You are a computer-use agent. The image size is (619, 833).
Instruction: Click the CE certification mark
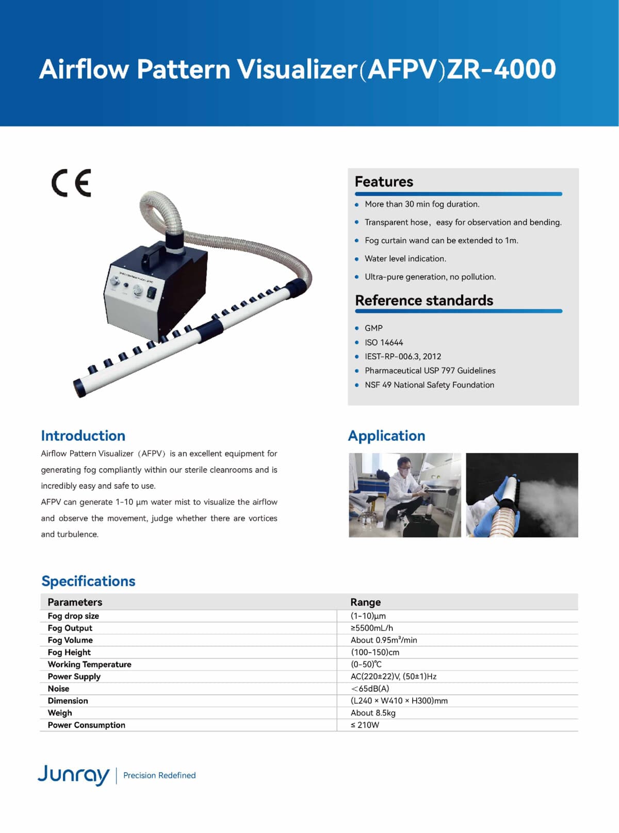71,182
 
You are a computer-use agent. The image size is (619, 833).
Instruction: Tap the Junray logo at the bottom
73,774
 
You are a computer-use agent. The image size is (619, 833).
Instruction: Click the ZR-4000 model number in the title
501,70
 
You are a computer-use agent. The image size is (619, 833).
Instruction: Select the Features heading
384,182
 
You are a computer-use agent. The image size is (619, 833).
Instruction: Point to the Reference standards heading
424,301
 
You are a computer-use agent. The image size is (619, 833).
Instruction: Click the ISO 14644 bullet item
384,342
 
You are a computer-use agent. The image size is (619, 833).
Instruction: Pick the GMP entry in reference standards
373,328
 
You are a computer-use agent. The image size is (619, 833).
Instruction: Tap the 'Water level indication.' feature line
405,259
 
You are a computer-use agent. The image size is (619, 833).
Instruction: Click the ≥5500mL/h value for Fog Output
372,628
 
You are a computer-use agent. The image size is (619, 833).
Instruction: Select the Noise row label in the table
58,689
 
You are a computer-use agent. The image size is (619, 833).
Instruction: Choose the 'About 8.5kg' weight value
373,713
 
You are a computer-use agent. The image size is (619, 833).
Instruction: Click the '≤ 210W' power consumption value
365,725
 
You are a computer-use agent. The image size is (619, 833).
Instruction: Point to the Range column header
365,602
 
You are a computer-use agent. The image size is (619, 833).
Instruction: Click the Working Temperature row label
89,664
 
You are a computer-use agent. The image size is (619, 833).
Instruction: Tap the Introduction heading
83,436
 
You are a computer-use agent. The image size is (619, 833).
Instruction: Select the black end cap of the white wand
83,385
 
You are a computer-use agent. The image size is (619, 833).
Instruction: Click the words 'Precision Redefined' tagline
159,775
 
